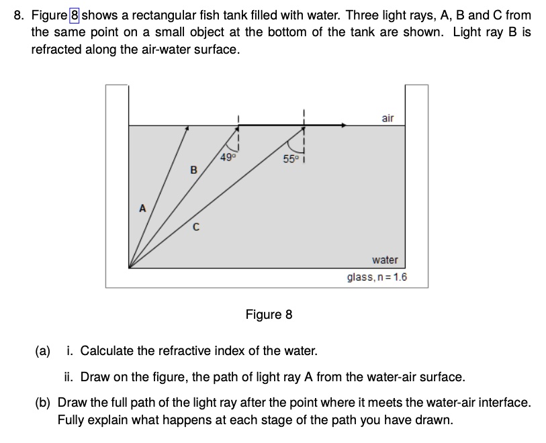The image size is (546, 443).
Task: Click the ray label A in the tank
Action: coord(142,208)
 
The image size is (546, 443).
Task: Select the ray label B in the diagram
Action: coord(193,170)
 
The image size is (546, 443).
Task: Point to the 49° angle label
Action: coord(227,158)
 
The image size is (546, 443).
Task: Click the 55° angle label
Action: coord(289,160)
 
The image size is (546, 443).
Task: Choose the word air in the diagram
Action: coord(388,118)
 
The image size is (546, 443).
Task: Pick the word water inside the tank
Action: coord(385,260)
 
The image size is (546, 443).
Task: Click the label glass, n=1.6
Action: coord(377,277)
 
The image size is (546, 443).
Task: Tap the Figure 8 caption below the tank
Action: coord(269,314)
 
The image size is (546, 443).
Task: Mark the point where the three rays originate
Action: coord(130,267)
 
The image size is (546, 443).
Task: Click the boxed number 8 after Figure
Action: coord(74,15)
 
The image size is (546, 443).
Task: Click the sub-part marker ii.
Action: coord(69,377)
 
